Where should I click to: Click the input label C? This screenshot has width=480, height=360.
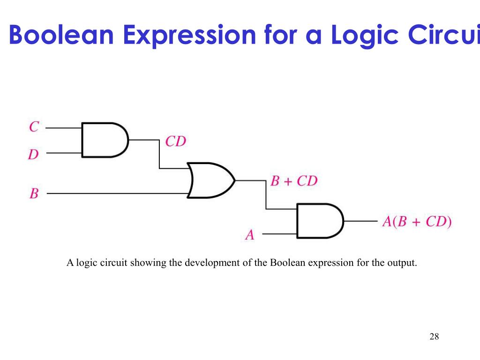[34, 127]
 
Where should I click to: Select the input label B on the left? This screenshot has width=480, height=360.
[34, 193]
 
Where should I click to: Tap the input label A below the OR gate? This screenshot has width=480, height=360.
[250, 234]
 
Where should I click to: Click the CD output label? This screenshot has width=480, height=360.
[176, 141]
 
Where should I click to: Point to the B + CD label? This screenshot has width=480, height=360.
[294, 181]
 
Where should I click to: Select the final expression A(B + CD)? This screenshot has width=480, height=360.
[417, 221]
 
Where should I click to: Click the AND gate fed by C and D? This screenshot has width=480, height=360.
[104, 140]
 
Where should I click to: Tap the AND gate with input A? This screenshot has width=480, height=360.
[319, 221]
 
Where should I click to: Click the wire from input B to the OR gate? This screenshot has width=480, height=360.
[117, 193]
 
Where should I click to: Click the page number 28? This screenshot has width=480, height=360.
[434, 337]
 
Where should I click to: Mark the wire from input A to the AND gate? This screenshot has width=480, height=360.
[279, 234]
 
